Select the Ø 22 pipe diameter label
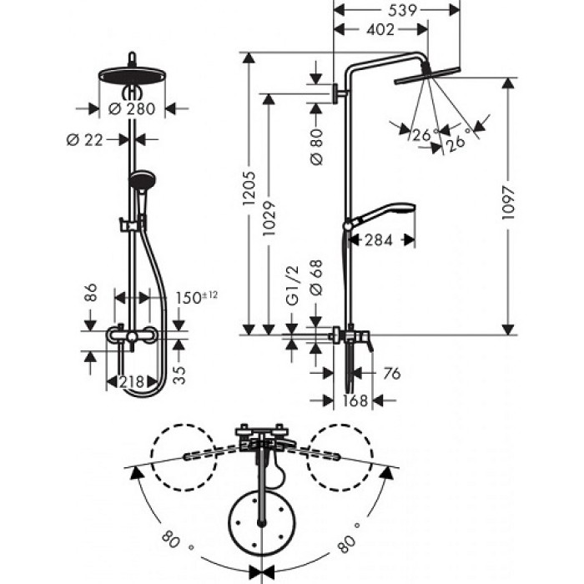(x=85, y=139)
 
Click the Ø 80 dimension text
(x=316, y=147)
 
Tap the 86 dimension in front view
(x=91, y=293)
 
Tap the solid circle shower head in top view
(x=263, y=522)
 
